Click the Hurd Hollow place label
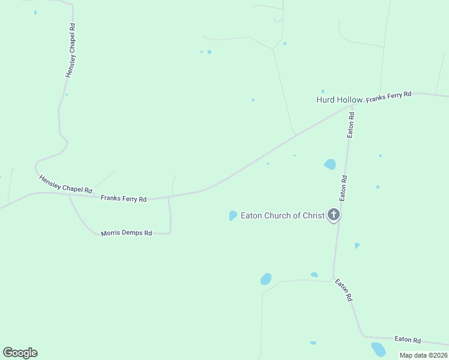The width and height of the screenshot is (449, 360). click(x=339, y=100)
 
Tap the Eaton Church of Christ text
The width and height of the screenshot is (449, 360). click(x=282, y=215)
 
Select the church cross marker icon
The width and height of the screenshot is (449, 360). click(x=334, y=215)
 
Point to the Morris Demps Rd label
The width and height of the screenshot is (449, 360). click(x=126, y=233)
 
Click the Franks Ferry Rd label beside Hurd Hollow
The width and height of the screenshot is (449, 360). click(x=389, y=97)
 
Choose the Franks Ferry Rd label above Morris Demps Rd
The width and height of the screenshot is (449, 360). click(x=124, y=198)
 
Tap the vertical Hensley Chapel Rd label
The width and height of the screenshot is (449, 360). click(x=71, y=50)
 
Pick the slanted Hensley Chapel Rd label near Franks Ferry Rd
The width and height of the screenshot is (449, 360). click(x=65, y=184)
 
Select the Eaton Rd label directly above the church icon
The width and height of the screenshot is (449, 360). click(x=343, y=188)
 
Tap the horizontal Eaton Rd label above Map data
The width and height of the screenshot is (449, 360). click(x=408, y=340)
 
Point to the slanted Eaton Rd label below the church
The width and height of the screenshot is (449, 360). click(x=343, y=290)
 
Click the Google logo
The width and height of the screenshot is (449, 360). click(x=20, y=353)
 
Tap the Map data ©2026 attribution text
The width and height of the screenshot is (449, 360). click(x=423, y=355)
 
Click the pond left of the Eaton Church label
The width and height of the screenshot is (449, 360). click(x=233, y=215)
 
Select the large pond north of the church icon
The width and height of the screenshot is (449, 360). click(x=330, y=164)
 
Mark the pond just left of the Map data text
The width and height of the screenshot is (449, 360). click(x=378, y=349)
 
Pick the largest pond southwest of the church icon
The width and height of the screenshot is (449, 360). click(x=266, y=279)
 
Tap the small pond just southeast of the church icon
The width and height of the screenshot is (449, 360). click(x=357, y=245)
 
